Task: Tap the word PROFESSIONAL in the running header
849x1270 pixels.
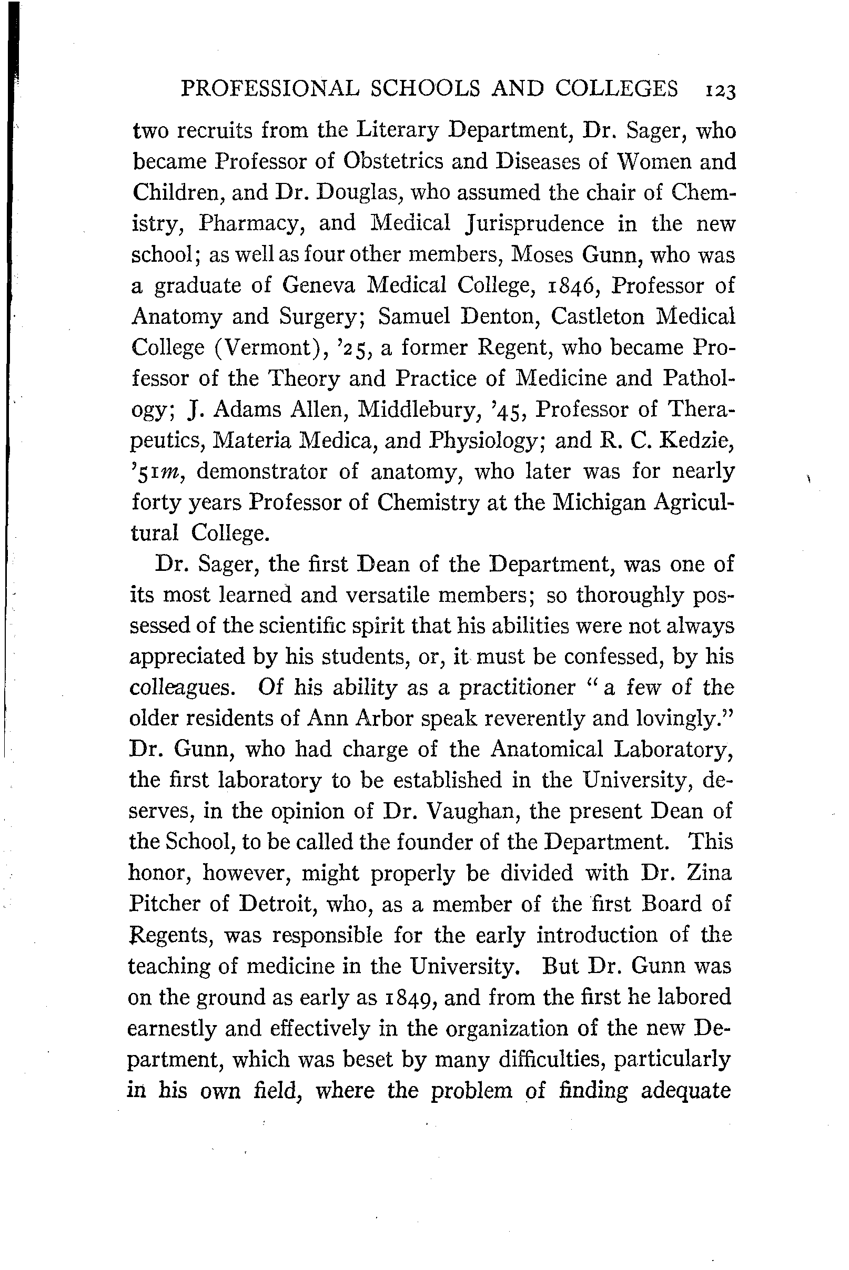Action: tap(270, 88)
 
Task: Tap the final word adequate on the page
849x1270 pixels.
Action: tap(685, 1090)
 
